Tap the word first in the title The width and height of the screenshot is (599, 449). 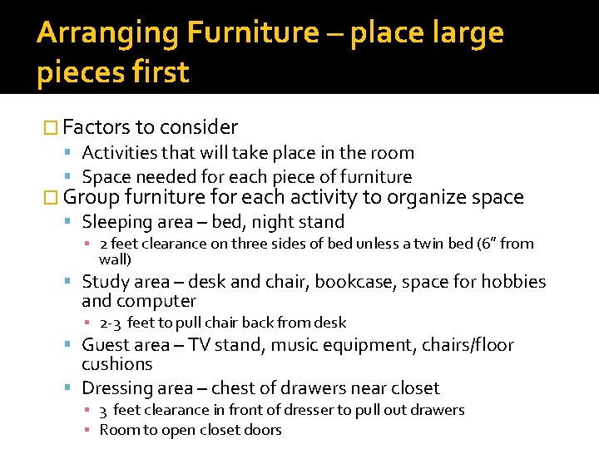pyautogui.click(x=159, y=72)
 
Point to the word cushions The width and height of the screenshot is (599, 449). pyautogui.click(x=117, y=364)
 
